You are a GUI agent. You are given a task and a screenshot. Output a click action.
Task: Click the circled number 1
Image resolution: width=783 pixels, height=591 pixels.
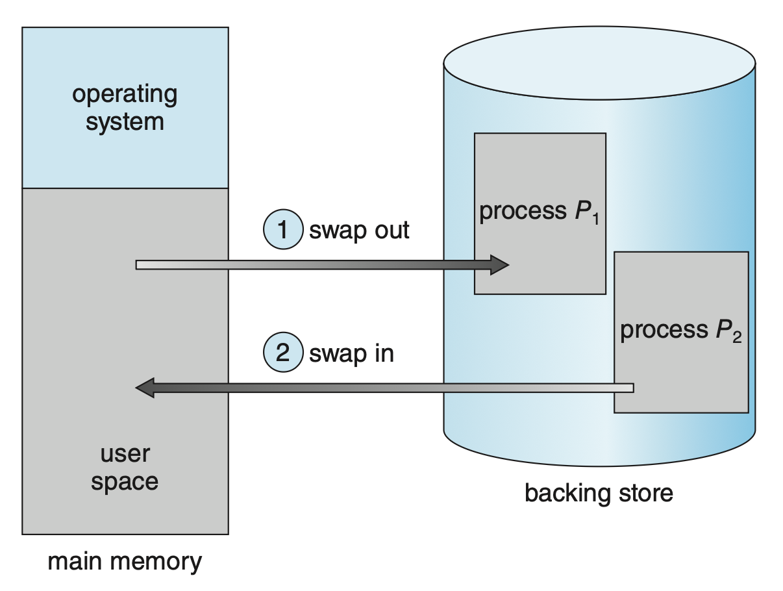[282, 230]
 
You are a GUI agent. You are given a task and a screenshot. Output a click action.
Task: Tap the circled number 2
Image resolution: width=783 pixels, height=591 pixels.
[282, 353]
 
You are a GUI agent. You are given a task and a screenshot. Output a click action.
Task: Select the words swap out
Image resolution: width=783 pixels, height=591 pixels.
[359, 230]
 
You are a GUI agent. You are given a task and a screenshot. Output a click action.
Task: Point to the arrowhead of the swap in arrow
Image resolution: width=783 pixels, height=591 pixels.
[145, 388]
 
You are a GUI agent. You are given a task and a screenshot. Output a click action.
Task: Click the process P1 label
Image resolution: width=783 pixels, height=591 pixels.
[539, 213]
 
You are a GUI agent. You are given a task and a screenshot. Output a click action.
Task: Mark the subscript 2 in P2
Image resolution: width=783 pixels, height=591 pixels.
[736, 338]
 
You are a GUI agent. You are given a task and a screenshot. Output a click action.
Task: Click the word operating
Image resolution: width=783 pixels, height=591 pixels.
[125, 94]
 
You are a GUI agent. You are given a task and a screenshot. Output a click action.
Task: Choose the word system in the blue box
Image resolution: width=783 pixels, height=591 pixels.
[125, 121]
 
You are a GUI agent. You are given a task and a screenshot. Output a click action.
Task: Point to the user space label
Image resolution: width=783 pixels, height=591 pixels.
[125, 468]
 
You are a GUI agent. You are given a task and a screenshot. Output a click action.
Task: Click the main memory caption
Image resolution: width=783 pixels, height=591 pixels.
[125, 562]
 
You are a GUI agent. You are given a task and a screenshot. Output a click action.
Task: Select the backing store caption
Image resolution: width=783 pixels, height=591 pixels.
[599, 494]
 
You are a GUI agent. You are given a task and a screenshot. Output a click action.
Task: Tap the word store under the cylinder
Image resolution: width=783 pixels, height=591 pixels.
[642, 494]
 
